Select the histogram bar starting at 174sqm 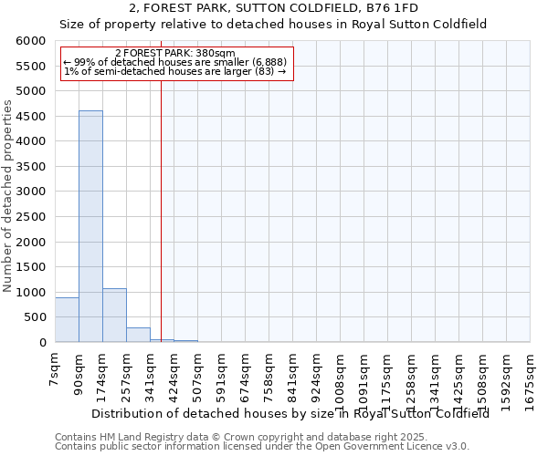(x=114, y=316)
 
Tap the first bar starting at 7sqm (x=67, y=320)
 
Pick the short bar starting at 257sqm (x=138, y=335)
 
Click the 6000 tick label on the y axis (x=31, y=41)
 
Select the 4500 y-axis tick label (x=31, y=117)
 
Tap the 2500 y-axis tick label (x=31, y=217)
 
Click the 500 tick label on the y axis (x=35, y=317)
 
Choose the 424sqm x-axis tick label (x=174, y=371)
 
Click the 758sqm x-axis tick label (x=269, y=371)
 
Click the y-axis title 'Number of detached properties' (x=8, y=197)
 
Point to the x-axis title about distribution (x=290, y=412)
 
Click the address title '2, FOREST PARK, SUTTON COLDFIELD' (x=273, y=7)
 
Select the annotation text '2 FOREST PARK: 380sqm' (x=175, y=53)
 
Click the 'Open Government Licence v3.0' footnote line (x=262, y=447)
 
